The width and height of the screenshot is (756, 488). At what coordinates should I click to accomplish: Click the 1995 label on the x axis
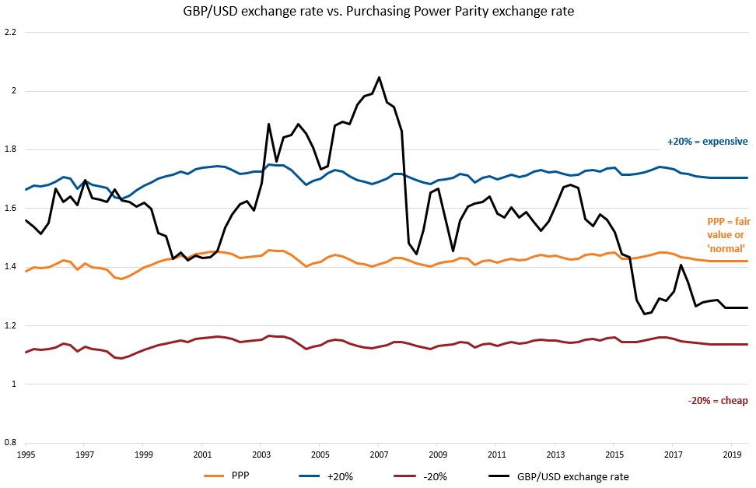click(x=26, y=453)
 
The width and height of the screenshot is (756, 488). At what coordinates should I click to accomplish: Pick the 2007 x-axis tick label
click(x=379, y=453)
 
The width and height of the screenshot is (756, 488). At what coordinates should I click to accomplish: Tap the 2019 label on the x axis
click(x=732, y=453)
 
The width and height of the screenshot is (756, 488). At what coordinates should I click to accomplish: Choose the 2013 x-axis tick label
click(x=555, y=453)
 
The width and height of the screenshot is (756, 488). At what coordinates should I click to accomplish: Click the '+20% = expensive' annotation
click(x=707, y=142)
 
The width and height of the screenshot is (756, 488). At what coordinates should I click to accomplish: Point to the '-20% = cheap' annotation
click(x=717, y=401)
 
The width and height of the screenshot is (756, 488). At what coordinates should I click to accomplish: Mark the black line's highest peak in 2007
click(x=379, y=77)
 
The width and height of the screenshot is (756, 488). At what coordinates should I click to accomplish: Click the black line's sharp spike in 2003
click(x=268, y=124)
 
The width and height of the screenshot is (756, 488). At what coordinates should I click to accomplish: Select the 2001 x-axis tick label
click(x=202, y=453)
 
